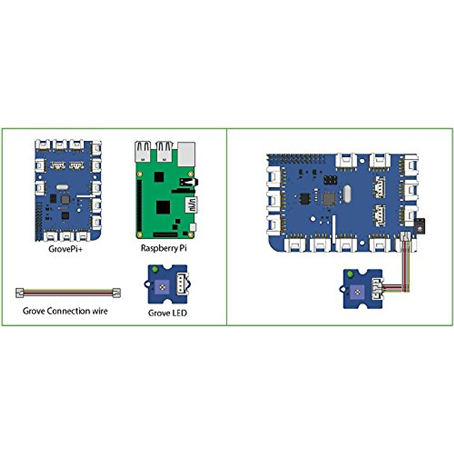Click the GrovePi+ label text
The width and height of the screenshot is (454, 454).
65,249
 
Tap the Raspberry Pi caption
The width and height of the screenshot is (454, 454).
163,249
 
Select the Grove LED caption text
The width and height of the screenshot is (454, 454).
167,313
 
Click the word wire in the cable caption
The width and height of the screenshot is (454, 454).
100,311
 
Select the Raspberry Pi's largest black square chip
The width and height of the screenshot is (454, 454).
163,207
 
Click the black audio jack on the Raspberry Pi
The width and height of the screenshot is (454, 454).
187,182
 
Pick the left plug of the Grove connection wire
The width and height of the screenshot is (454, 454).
20,292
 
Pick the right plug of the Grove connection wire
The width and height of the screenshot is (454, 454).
116,292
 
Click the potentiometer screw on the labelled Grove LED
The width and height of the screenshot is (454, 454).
162,288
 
